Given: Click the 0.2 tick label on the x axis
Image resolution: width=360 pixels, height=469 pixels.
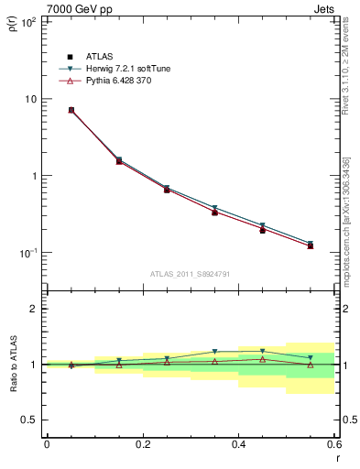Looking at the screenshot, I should coord(142,443).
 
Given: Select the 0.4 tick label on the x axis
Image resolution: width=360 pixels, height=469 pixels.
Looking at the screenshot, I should coord(238,443).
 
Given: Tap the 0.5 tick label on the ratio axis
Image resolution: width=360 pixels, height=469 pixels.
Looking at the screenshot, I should coord(31,420).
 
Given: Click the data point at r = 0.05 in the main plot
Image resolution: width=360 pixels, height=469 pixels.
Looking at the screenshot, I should coord(71,110).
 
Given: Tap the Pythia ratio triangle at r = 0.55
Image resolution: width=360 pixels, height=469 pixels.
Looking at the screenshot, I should coord(310,365).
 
